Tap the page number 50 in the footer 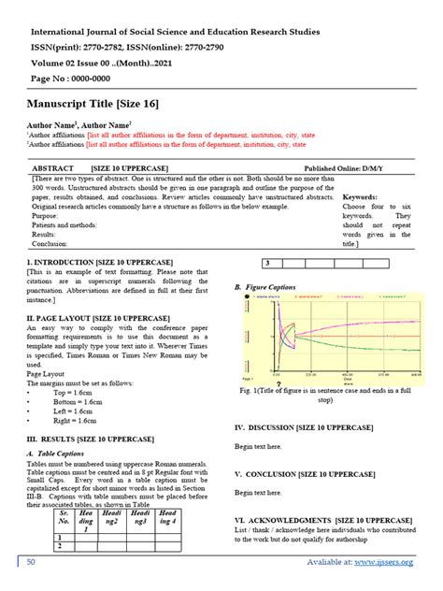tap(31, 561)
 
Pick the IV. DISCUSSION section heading tap(304, 427)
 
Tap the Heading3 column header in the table tap(141, 519)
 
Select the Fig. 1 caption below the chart tap(323, 394)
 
